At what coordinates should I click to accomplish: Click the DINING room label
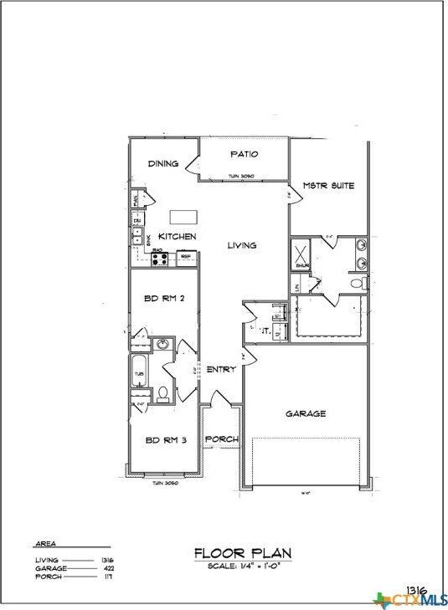[163, 163]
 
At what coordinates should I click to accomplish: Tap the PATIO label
[244, 154]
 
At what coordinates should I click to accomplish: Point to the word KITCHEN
[178, 237]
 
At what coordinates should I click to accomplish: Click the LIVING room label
[242, 245]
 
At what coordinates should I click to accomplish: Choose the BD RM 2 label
[163, 300]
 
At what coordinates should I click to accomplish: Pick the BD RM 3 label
[163, 439]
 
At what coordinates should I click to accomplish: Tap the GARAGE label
[306, 413]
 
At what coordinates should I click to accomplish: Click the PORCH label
[222, 438]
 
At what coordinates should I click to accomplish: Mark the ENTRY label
[220, 369]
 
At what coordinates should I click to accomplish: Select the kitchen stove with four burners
[159, 257]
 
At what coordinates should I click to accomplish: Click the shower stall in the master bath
[301, 253]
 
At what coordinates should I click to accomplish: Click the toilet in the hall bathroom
[163, 392]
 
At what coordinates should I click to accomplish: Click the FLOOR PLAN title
[243, 552]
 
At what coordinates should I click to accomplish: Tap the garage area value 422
[107, 568]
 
